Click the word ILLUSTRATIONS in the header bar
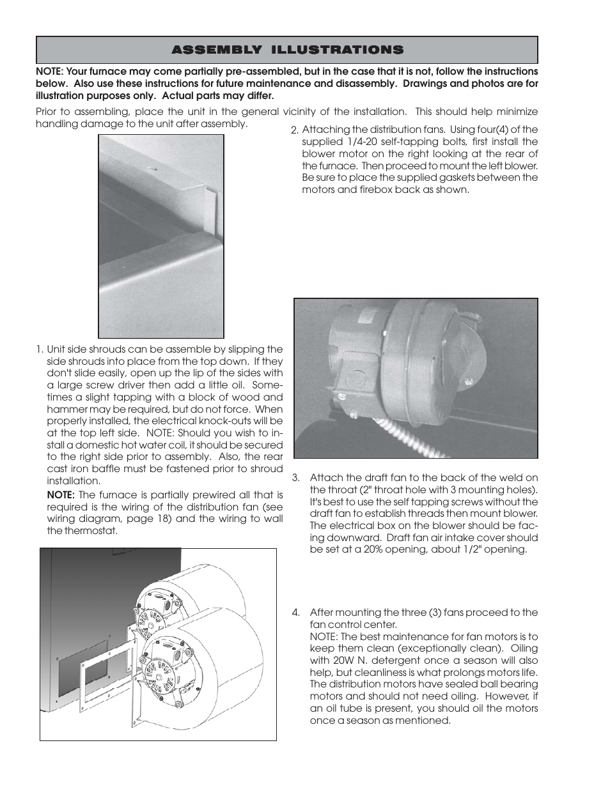pyautogui.click(x=337, y=50)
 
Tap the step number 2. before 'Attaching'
pyautogui.click(x=294, y=130)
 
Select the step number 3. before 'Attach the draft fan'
pyautogui.click(x=296, y=478)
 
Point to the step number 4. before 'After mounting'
pyautogui.click(x=296, y=613)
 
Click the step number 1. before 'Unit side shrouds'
pyautogui.click(x=40, y=349)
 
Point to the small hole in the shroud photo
pyautogui.click(x=153, y=169)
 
